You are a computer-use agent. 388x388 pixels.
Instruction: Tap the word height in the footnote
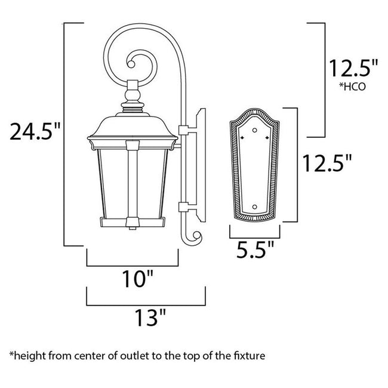27,356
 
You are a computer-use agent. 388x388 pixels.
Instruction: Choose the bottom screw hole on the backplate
255,207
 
